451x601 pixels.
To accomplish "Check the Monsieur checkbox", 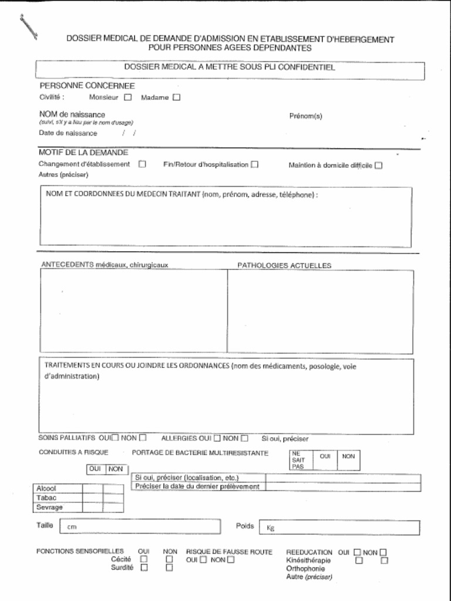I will (127, 97).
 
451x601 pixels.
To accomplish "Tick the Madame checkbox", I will (176, 97).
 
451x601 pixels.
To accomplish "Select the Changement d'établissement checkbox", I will (142, 164).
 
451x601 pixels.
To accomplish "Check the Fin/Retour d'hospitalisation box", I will (254, 164).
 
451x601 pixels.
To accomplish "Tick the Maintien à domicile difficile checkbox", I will (378, 166).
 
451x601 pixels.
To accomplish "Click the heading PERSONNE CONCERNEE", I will (87, 86).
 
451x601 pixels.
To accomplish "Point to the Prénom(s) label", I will (305, 116).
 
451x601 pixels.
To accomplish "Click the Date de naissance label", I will (68, 133).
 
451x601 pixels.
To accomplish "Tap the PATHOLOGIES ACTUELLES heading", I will (284, 265).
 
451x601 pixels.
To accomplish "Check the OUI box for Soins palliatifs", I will (115, 437).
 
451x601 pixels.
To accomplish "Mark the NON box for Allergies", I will (244, 438).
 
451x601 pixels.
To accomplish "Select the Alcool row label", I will (46, 488).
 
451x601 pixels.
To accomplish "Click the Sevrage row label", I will (49, 507).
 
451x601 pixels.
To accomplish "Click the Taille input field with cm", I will (141, 526).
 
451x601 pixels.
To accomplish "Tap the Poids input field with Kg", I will (341, 528).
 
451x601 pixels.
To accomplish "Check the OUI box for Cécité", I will (143, 559).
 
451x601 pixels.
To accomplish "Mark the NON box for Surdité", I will (169, 568).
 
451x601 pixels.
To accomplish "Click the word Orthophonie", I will (305, 569).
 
